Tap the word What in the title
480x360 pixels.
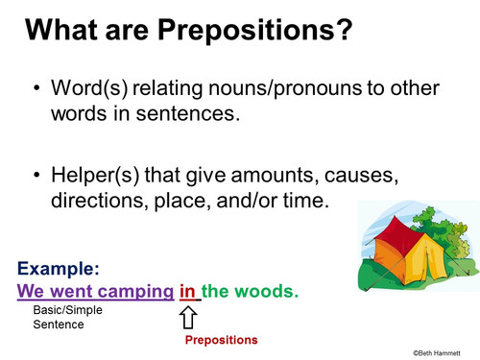pos(65,32)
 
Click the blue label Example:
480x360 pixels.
pos(59,270)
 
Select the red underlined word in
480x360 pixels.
pos(188,290)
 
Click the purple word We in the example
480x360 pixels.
pos(32,290)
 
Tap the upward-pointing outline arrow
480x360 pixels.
pos(189,316)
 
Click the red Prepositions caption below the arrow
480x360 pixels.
pos(222,340)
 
